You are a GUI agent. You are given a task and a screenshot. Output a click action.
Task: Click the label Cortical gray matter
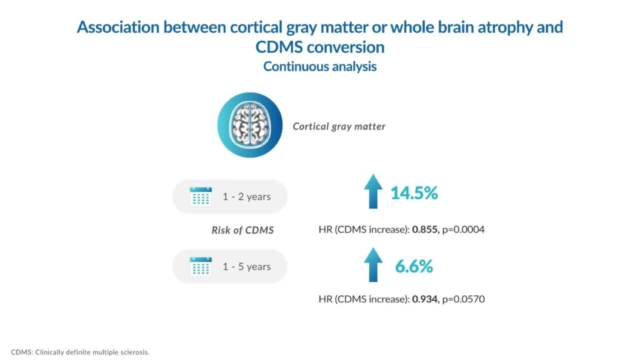coord(339,126)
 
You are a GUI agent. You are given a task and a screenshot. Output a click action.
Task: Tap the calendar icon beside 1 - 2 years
coord(201,196)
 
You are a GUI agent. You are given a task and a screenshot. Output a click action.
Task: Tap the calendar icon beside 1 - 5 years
coord(201,266)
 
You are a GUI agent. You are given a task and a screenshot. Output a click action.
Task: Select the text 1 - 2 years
coord(246,196)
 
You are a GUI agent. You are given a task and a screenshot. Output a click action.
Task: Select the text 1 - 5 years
coord(246,266)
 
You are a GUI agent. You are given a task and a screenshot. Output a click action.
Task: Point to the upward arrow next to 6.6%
coord(372,264)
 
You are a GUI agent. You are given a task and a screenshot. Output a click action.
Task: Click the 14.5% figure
coord(414,193)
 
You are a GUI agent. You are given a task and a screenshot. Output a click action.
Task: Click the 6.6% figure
coord(414,266)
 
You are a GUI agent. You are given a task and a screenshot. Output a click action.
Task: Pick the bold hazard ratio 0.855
coord(425,230)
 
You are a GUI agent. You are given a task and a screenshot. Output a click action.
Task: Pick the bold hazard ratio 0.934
coord(425,299)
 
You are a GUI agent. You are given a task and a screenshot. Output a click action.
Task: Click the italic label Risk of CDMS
coord(242,231)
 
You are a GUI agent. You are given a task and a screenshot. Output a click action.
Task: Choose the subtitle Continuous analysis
coord(319,66)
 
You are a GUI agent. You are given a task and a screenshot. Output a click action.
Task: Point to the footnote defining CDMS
coord(80,352)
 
